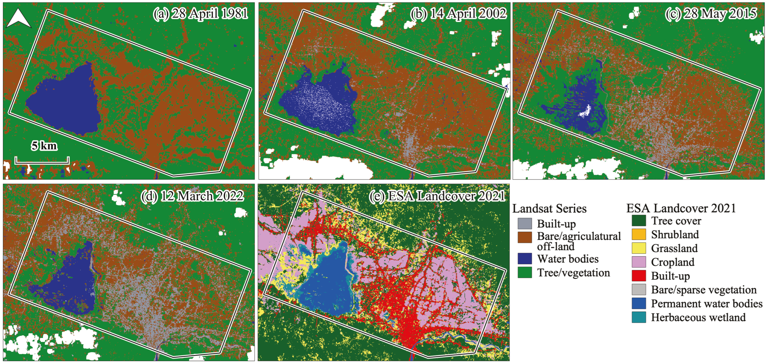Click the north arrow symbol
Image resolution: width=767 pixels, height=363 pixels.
tap(18, 18)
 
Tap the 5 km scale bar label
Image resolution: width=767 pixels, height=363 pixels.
tap(44, 146)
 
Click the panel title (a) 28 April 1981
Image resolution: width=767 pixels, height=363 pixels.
tap(200, 14)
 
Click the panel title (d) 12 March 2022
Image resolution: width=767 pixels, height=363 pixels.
tap(192, 196)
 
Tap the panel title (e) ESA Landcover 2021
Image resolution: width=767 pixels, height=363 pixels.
tap(437, 196)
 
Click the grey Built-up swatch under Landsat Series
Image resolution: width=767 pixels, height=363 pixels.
tap(525, 223)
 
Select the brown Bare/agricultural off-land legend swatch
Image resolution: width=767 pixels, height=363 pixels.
tap(525, 237)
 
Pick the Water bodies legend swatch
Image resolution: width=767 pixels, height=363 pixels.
tap(525, 258)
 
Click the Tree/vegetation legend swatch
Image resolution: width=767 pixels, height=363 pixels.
tap(525, 273)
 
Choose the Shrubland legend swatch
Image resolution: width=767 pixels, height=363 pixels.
tap(639, 234)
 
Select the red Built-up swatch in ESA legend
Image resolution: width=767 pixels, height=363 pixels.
tap(639, 276)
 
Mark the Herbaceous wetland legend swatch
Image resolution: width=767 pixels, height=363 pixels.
tap(639, 317)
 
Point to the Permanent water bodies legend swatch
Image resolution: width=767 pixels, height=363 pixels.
tap(639, 303)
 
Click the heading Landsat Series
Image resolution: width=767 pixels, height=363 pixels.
tap(549, 209)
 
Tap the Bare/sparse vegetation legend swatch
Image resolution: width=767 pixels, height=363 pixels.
tap(639, 289)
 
